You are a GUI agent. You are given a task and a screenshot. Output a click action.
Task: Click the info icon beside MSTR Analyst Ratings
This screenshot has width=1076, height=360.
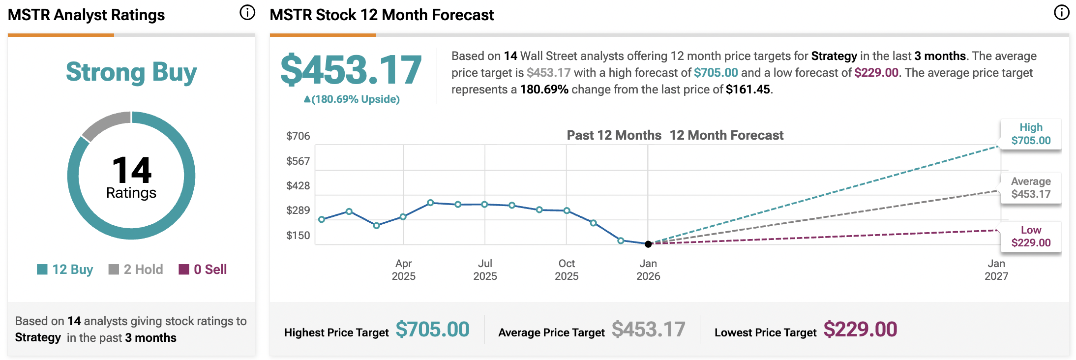pos(247,13)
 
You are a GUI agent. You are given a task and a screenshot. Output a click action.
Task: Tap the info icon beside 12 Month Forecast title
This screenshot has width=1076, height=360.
pos(1062,13)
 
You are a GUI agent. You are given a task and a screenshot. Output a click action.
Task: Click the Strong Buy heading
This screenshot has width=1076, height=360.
pos(131,72)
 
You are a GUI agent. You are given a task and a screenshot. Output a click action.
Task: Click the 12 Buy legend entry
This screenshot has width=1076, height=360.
pos(65,270)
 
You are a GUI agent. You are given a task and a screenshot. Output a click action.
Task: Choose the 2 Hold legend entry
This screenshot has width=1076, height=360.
pos(136,270)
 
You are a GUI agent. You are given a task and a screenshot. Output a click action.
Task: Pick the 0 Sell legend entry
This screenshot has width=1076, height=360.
pos(203,270)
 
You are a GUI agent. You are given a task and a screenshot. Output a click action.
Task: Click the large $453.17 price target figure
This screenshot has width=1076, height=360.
pos(351,70)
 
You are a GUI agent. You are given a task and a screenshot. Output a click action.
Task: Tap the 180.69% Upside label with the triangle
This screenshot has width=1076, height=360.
pos(352,99)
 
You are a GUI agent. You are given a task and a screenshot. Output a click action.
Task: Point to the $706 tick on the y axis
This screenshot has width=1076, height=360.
pos(298,136)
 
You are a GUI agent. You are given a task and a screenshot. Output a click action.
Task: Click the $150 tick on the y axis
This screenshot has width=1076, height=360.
pos(298,236)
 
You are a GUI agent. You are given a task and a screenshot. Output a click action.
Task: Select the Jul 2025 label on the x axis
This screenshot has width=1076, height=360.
pos(485,270)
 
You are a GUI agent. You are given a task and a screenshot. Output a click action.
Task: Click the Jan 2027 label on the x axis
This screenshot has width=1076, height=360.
pos(996,270)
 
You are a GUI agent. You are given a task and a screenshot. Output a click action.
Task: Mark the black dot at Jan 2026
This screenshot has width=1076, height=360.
pos(648,244)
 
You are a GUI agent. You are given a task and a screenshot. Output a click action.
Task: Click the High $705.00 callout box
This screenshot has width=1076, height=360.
pos(1031,134)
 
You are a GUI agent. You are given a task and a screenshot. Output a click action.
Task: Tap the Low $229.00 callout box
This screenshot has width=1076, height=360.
pos(1031,237)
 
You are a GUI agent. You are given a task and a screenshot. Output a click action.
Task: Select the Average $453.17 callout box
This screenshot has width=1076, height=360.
pos(1031,188)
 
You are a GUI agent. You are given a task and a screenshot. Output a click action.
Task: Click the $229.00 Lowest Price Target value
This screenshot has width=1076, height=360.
pos(860,330)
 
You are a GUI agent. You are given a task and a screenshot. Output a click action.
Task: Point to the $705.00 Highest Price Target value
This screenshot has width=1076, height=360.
pos(432,330)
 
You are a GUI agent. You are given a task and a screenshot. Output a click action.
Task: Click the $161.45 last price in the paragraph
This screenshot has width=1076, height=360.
pos(747,90)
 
